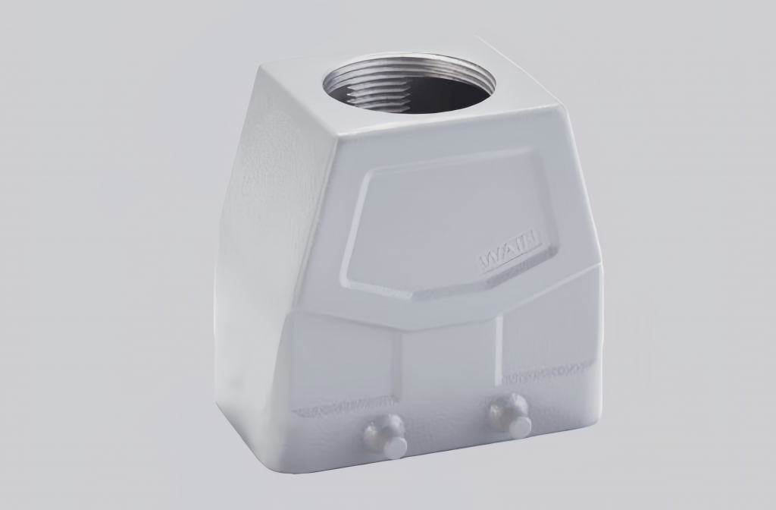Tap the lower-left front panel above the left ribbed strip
pyautogui.click(x=341, y=357)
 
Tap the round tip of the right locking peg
pyautogui.click(x=520, y=427)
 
